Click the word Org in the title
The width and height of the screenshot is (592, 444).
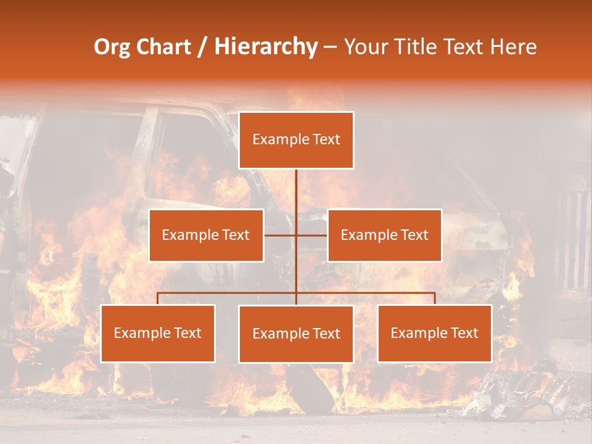(112, 47)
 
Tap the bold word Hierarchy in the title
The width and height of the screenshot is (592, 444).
(266, 47)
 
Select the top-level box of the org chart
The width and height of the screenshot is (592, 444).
(296, 140)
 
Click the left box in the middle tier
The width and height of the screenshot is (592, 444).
(206, 235)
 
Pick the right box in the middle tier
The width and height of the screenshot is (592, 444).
(384, 235)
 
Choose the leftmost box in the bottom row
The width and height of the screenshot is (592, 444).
(158, 333)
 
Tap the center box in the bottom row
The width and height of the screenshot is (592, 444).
(296, 334)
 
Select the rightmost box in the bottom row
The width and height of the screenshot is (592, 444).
(434, 333)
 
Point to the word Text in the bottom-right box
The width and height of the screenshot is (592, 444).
(464, 333)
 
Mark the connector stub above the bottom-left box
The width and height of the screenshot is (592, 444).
(158, 298)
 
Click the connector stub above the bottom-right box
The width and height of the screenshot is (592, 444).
(434, 298)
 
